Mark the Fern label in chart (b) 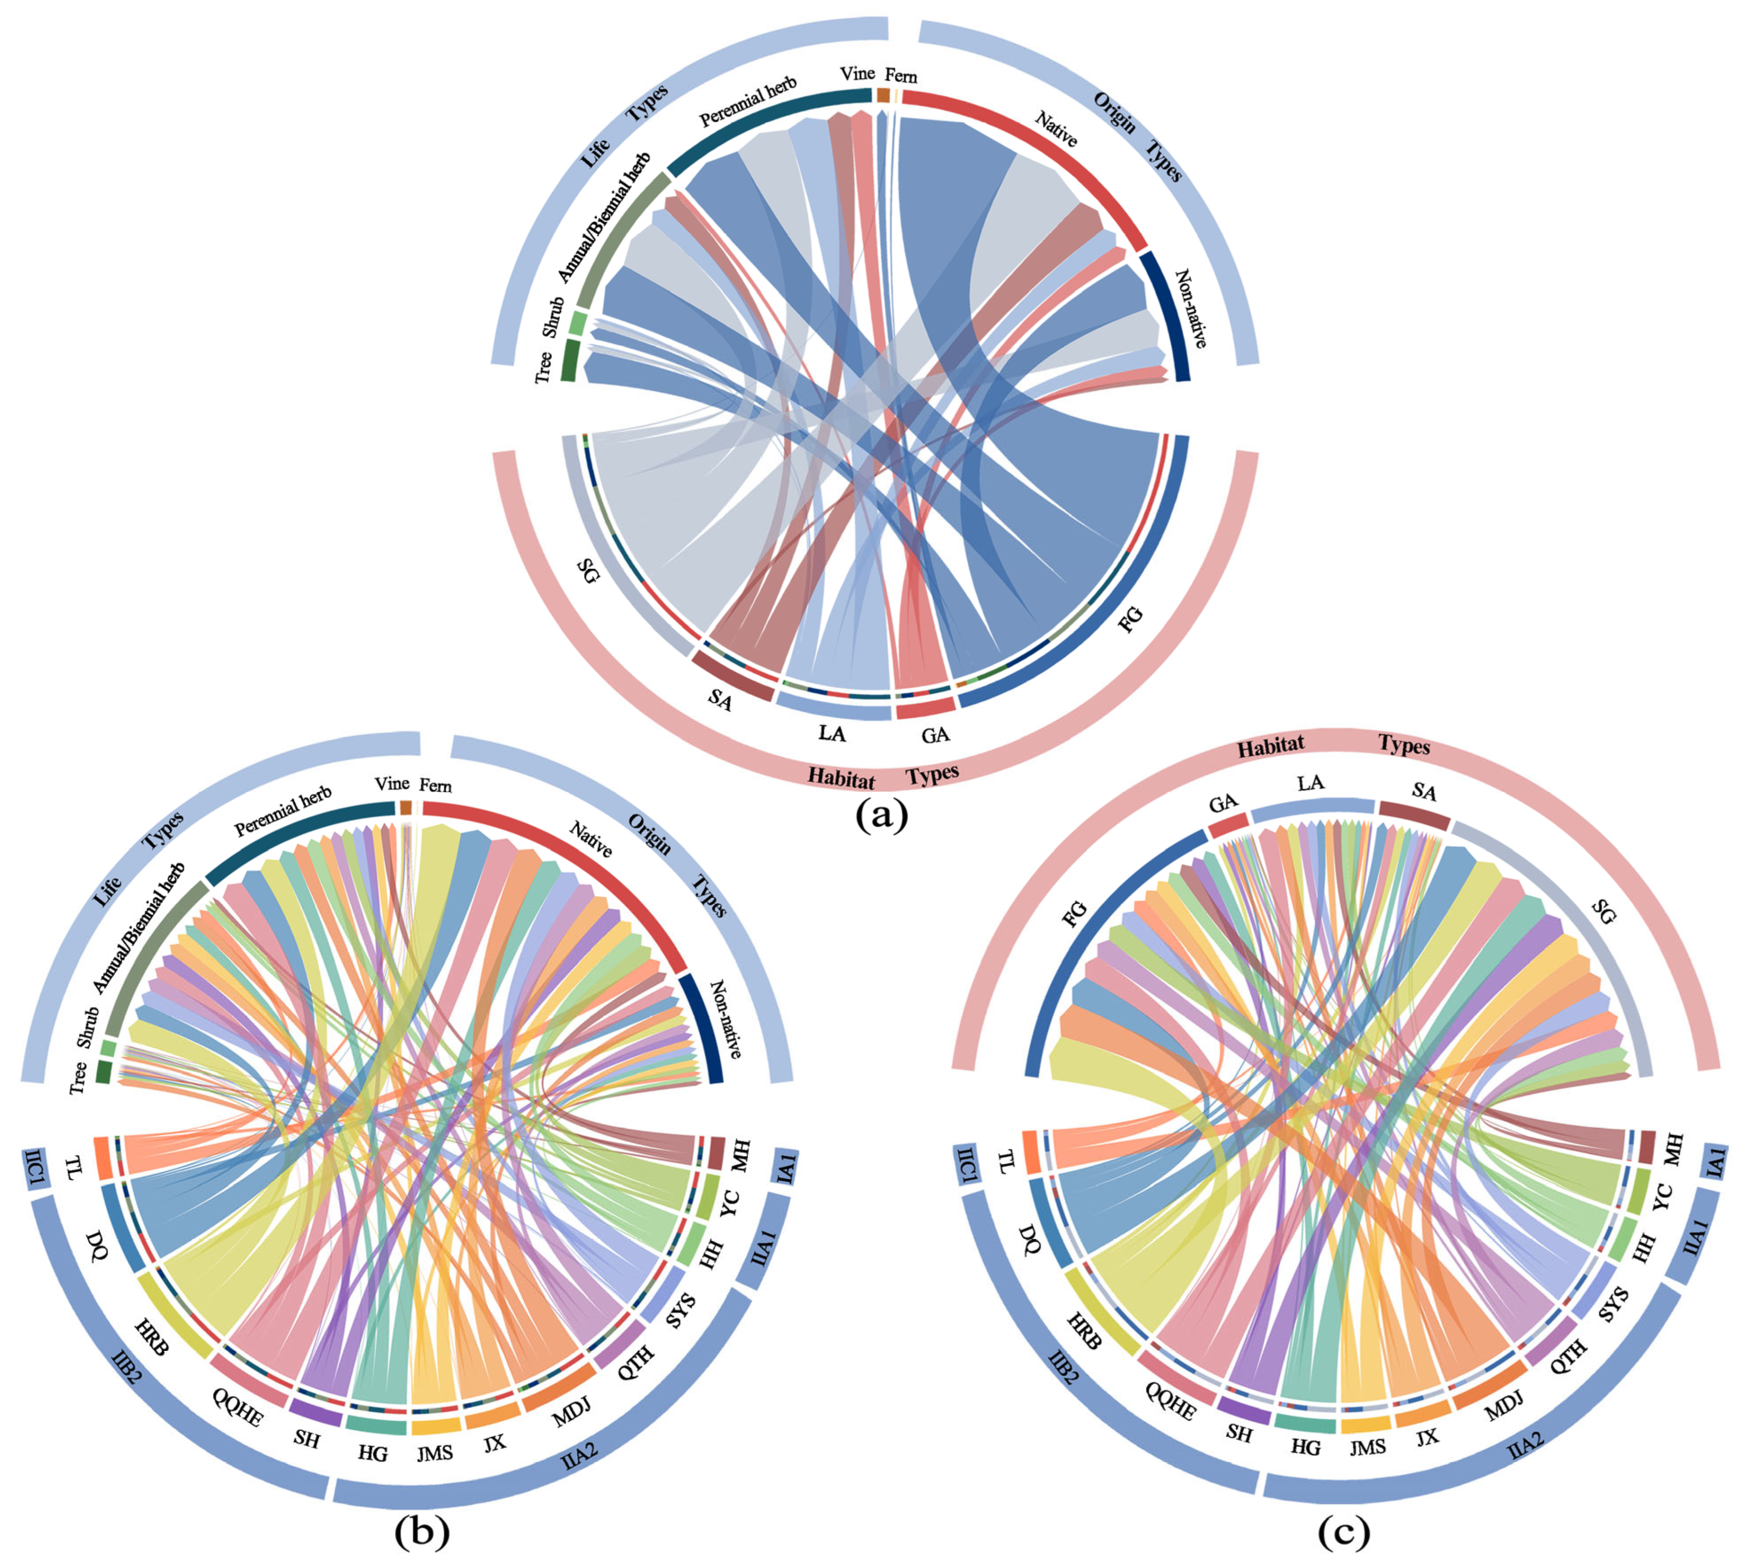pos(435,786)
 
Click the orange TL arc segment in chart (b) pos(101,1158)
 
